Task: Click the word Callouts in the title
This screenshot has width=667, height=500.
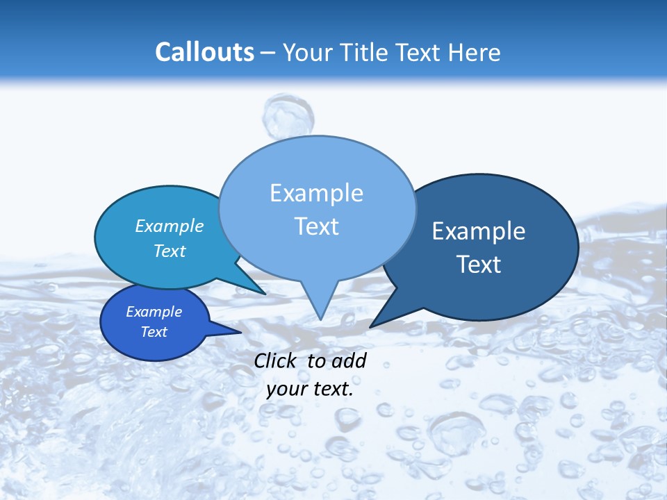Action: [204, 53]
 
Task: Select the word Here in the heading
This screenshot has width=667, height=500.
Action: [475, 53]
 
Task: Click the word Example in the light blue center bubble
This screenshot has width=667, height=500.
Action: [316, 193]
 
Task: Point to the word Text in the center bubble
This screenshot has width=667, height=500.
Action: [316, 226]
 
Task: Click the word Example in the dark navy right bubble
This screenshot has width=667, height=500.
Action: [479, 231]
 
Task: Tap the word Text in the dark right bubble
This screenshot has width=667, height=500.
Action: [479, 265]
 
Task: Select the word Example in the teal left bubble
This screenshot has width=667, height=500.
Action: [170, 226]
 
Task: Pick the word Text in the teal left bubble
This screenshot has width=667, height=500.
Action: [170, 251]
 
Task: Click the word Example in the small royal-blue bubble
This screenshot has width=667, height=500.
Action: [154, 312]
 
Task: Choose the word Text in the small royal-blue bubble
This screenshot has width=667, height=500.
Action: [154, 332]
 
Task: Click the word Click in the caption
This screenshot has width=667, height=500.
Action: [277, 360]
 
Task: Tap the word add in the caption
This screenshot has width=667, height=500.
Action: [349, 360]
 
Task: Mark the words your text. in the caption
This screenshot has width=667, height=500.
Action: [310, 389]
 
